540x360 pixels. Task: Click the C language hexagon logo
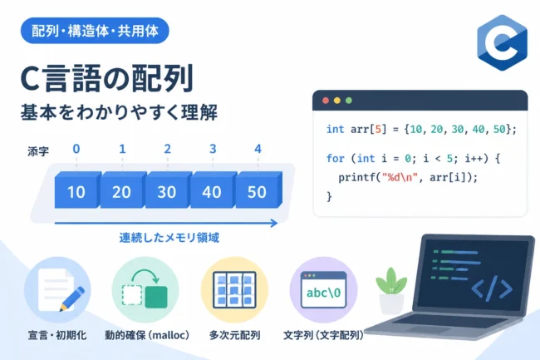coord(502,42)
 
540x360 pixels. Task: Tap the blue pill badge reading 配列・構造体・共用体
coord(95,31)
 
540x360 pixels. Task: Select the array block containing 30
coord(168,190)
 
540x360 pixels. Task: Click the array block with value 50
coord(258,190)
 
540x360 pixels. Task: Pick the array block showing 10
coord(77,190)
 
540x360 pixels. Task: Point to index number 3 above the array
coord(213,149)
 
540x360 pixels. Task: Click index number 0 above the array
coord(76,149)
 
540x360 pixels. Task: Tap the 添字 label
coord(38,151)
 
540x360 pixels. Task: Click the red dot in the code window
coord(326,101)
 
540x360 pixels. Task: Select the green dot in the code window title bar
coord(349,101)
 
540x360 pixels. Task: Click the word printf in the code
coord(357,178)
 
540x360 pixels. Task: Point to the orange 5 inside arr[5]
coord(378,129)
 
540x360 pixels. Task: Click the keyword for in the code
coord(335,159)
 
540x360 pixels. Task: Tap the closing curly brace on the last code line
coord(329,197)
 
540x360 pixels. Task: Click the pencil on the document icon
coord(72,298)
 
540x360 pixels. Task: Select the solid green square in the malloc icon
coord(156,297)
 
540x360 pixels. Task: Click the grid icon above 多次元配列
coord(234,289)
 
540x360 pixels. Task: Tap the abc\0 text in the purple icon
coord(323,293)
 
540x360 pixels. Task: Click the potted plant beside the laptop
coord(391,291)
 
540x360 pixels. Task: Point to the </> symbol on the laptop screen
coord(492,288)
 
